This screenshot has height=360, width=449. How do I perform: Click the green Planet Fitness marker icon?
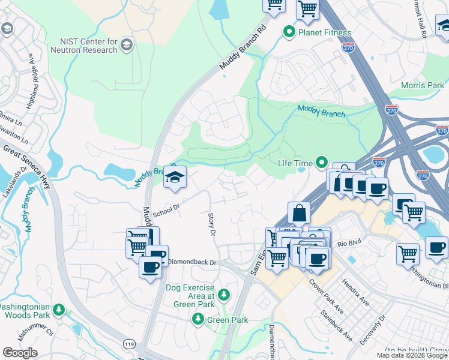pyautogui.click(x=289, y=31)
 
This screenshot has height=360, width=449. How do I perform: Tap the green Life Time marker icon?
pyautogui.click(x=322, y=163)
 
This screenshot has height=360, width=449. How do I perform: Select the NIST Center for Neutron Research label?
pyautogui.click(x=89, y=46)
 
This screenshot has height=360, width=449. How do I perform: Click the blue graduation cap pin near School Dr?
pyautogui.click(x=175, y=178)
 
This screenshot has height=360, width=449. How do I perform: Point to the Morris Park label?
pyautogui.click(x=423, y=85)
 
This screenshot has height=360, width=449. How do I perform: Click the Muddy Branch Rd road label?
pyautogui.click(x=243, y=51)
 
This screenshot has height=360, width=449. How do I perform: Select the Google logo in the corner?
pyautogui.click(x=20, y=353)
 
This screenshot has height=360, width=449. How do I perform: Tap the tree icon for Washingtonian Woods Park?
pyautogui.click(x=59, y=310)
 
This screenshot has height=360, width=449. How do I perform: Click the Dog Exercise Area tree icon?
pyautogui.click(x=223, y=295)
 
